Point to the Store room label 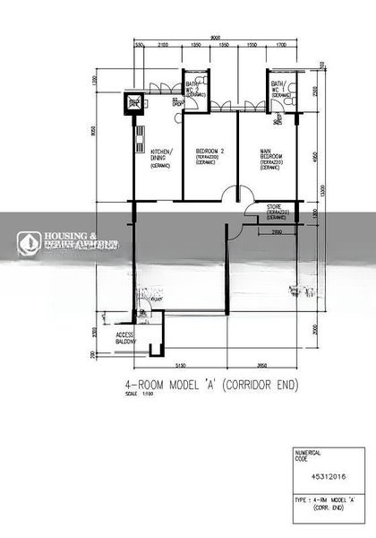[276, 213]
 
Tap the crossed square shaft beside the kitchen [136, 104]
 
